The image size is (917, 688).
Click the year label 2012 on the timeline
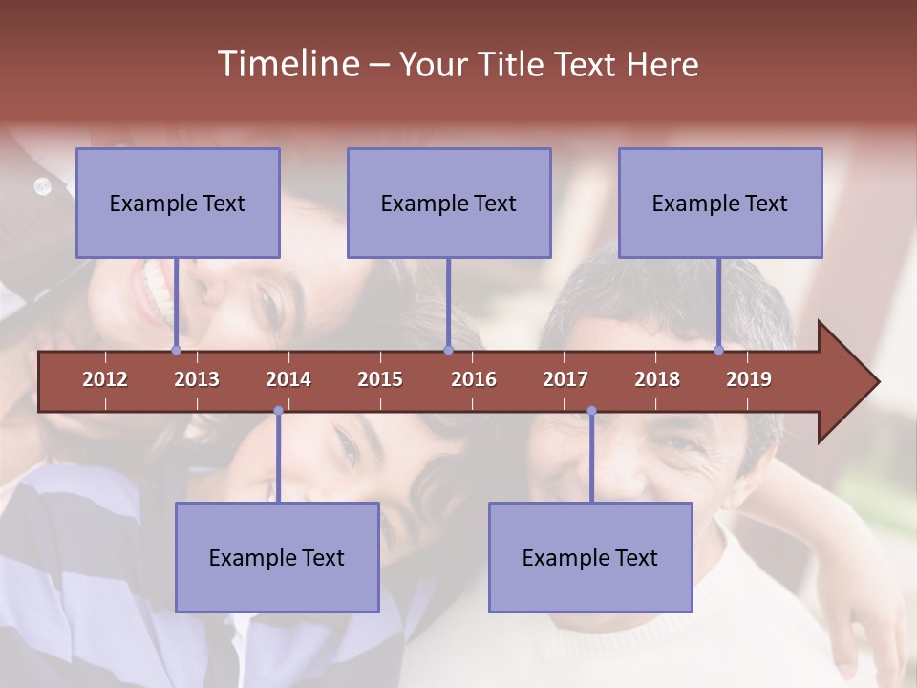click(x=105, y=379)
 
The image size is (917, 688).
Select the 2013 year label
click(x=197, y=379)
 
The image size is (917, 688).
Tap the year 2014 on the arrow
click(x=288, y=379)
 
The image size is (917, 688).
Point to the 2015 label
click(x=380, y=379)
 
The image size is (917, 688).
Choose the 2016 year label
click(x=474, y=379)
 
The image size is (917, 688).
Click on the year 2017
click(x=565, y=379)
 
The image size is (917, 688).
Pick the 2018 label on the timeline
click(x=657, y=379)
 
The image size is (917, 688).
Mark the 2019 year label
click(x=749, y=379)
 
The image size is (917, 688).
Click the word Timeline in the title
click(x=287, y=64)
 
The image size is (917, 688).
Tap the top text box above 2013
click(x=178, y=203)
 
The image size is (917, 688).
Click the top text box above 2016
click(x=449, y=203)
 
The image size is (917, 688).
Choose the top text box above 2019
click(x=720, y=203)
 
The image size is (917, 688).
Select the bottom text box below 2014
click(x=277, y=557)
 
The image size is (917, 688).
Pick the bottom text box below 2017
click(x=590, y=557)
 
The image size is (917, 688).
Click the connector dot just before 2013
click(x=176, y=351)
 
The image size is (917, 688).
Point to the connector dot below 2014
click(x=278, y=411)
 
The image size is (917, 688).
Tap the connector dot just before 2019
click(x=719, y=351)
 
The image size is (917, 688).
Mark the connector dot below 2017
click(x=591, y=411)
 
